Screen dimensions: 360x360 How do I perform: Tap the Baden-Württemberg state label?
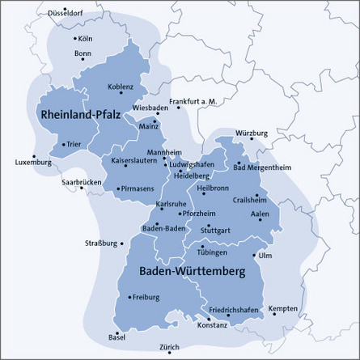[192, 272]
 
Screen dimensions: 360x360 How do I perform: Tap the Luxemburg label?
[33, 163]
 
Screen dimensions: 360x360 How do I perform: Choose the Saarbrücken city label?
[81, 182]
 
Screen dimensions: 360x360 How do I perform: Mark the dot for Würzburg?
[252, 139]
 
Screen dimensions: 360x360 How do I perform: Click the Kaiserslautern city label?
[135, 161]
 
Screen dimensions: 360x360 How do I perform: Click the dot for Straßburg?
[121, 243]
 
